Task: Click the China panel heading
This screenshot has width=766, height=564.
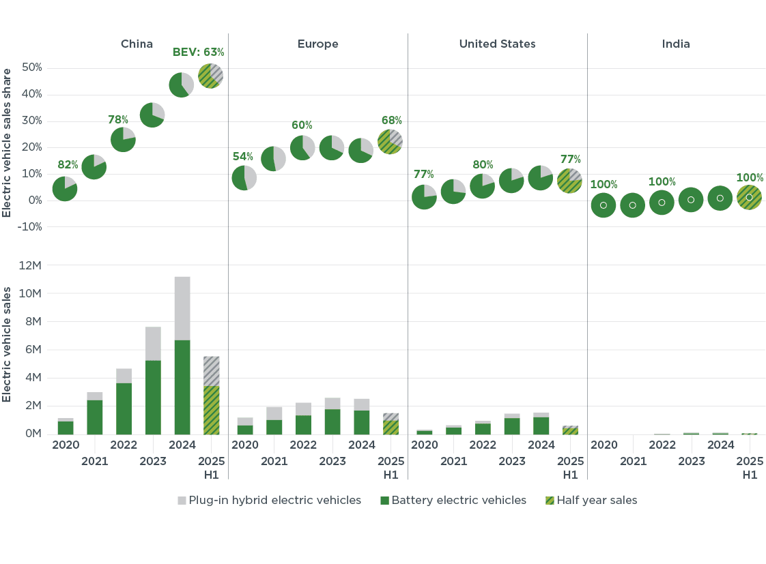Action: point(137,44)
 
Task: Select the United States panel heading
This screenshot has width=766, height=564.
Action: point(497,44)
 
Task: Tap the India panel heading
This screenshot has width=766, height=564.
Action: point(676,44)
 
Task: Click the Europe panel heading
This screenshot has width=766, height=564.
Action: point(317,44)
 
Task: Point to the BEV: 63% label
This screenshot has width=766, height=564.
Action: point(197,52)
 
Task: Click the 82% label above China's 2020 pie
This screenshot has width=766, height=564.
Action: point(68,165)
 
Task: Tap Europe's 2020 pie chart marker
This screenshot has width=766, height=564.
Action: point(244,178)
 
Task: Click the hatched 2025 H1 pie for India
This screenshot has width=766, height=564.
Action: point(749,197)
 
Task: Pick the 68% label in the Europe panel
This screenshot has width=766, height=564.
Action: point(391,121)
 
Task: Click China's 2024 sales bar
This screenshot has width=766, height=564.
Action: point(182,355)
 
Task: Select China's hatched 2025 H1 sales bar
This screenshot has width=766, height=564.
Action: point(211,396)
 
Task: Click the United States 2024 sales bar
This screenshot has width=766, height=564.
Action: point(541,424)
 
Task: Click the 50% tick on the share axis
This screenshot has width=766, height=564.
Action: point(32,68)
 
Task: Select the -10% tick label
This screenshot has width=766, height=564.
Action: point(31,227)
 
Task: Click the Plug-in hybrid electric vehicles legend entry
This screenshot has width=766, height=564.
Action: point(269,501)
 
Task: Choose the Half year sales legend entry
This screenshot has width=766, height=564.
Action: point(591,501)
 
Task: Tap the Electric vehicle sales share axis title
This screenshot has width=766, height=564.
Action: point(8,143)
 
